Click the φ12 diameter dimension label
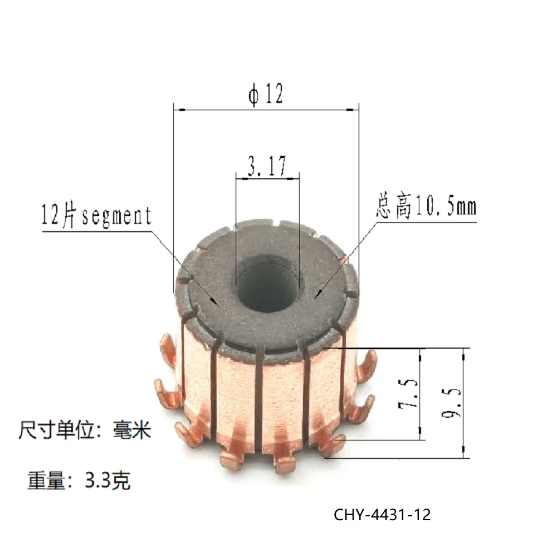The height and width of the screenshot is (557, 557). coord(266,95)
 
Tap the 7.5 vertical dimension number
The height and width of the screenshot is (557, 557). coord(408,394)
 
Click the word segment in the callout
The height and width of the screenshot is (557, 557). coord(116,216)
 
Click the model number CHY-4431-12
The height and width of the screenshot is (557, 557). coord(382,514)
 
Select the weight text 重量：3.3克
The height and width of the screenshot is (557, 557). coord(79,480)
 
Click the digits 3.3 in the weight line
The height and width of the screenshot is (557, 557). coord(100,480)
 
